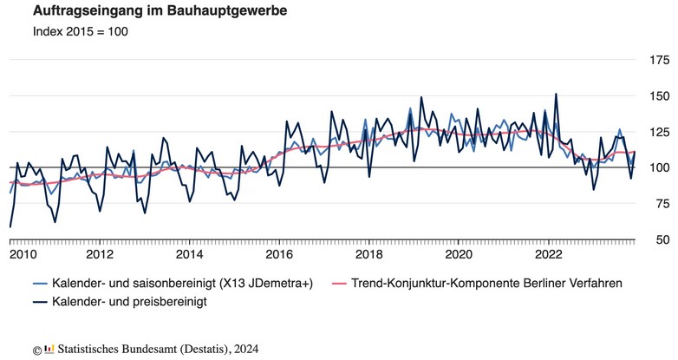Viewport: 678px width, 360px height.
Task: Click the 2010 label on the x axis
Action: tap(23, 254)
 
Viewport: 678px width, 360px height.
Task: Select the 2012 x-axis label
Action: tap(100, 254)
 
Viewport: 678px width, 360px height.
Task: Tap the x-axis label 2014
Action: tap(189, 254)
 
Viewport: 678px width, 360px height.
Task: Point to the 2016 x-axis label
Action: tap(279, 254)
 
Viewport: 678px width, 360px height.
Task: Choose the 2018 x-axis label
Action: tap(368, 254)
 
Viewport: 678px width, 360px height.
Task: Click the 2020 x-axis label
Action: tap(459, 254)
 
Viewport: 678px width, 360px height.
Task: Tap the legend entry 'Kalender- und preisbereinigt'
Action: tap(129, 303)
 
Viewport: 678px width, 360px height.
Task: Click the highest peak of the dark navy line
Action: tap(556, 94)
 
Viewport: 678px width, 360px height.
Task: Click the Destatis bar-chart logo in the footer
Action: tap(49, 349)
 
